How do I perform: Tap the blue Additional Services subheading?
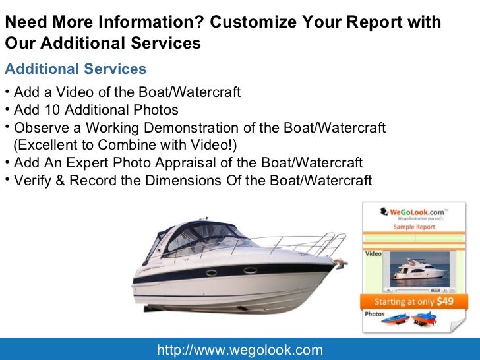pyautogui.click(x=75, y=69)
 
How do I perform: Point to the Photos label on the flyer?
pyautogui.click(x=375, y=315)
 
